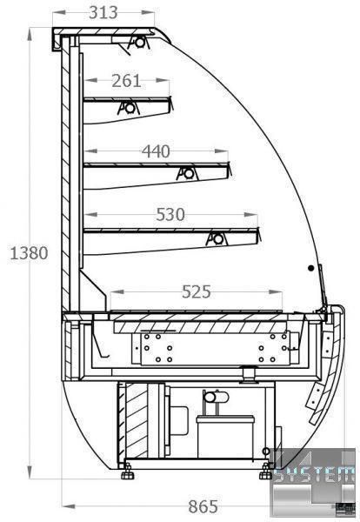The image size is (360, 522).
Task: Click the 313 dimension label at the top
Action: (103, 13)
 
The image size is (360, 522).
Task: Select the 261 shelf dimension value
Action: (126, 81)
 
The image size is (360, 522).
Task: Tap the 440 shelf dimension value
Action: (156, 151)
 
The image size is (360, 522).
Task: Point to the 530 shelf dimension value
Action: (170, 215)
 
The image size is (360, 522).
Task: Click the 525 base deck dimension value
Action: (197, 292)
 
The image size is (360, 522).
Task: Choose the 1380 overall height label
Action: (29, 253)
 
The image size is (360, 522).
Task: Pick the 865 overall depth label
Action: (203, 506)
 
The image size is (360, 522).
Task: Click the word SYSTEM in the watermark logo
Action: (314, 474)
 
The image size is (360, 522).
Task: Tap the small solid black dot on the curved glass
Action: (310, 268)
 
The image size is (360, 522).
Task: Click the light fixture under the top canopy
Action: (139, 43)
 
